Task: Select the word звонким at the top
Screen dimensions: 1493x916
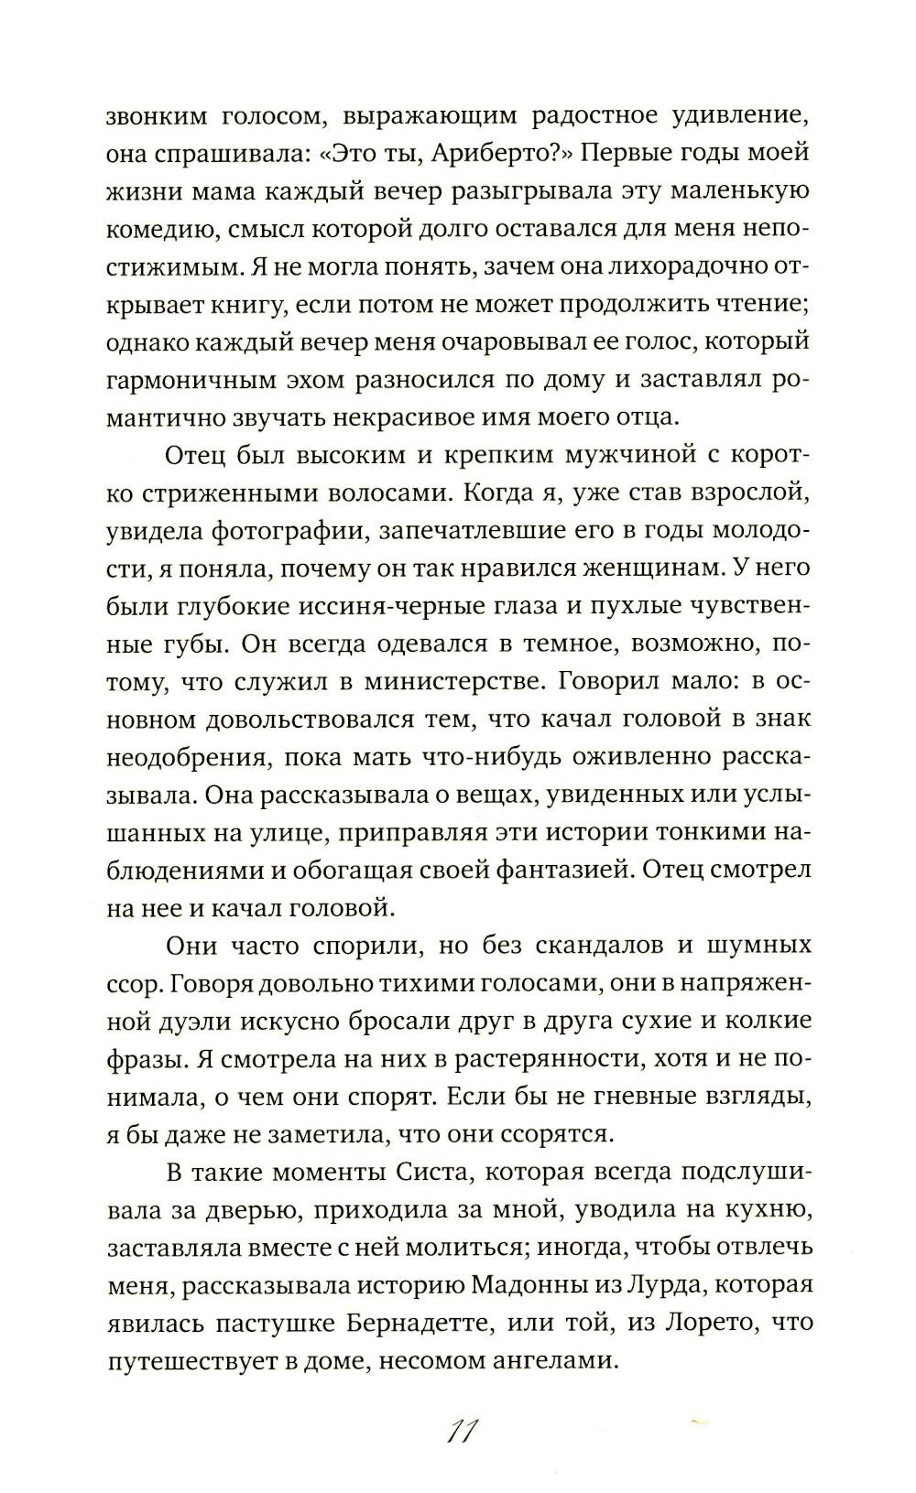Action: coord(162,116)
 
